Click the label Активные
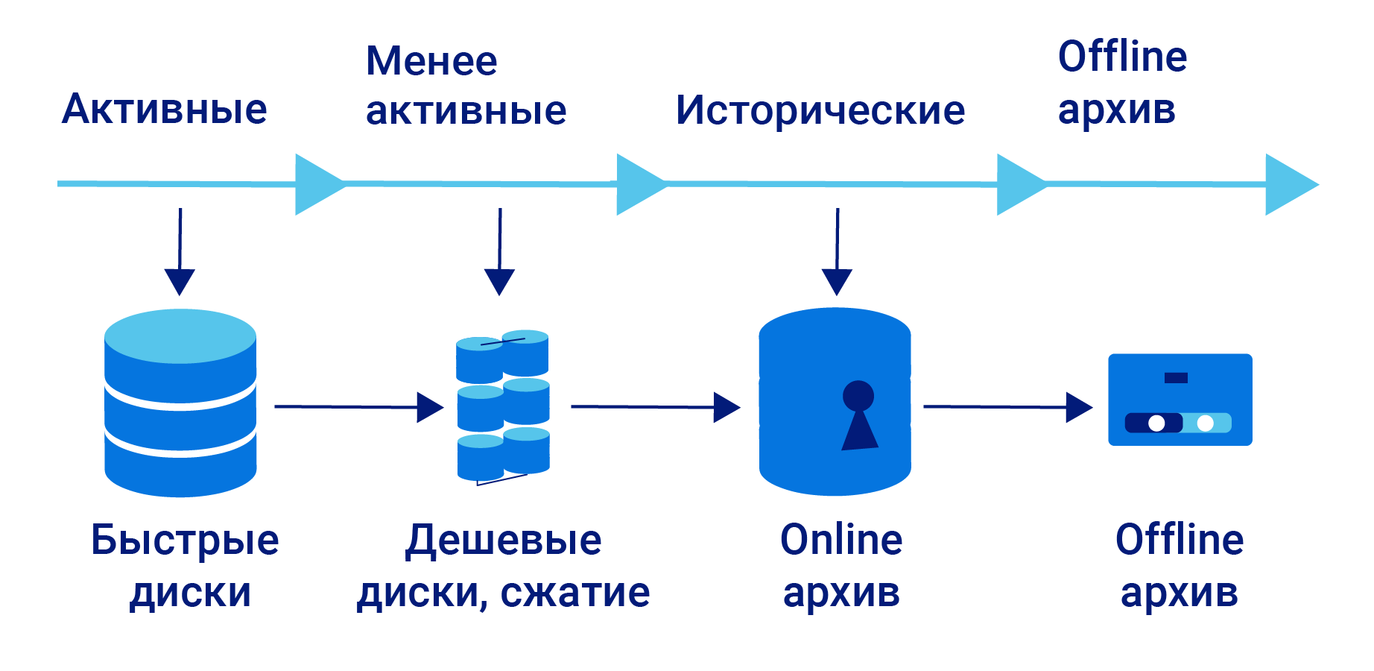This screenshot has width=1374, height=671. (164, 110)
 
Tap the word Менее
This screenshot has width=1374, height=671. (431, 61)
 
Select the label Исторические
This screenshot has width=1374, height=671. (820, 110)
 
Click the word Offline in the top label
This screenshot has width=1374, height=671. (1122, 57)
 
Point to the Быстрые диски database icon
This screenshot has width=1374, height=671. (180, 403)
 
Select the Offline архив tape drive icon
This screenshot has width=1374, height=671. (1180, 400)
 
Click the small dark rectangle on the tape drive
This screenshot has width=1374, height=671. (1176, 378)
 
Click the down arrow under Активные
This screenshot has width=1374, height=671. (180, 253)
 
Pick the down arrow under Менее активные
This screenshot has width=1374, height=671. (499, 253)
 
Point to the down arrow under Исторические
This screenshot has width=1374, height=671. (837, 253)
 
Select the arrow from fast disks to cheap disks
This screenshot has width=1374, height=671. (358, 407)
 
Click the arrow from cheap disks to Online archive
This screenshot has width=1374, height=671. (655, 407)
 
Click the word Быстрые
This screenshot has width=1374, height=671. (185, 540)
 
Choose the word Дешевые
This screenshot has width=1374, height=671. (504, 540)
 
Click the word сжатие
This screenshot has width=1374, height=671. (574, 593)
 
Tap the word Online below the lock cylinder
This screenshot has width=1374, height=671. (841, 540)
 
